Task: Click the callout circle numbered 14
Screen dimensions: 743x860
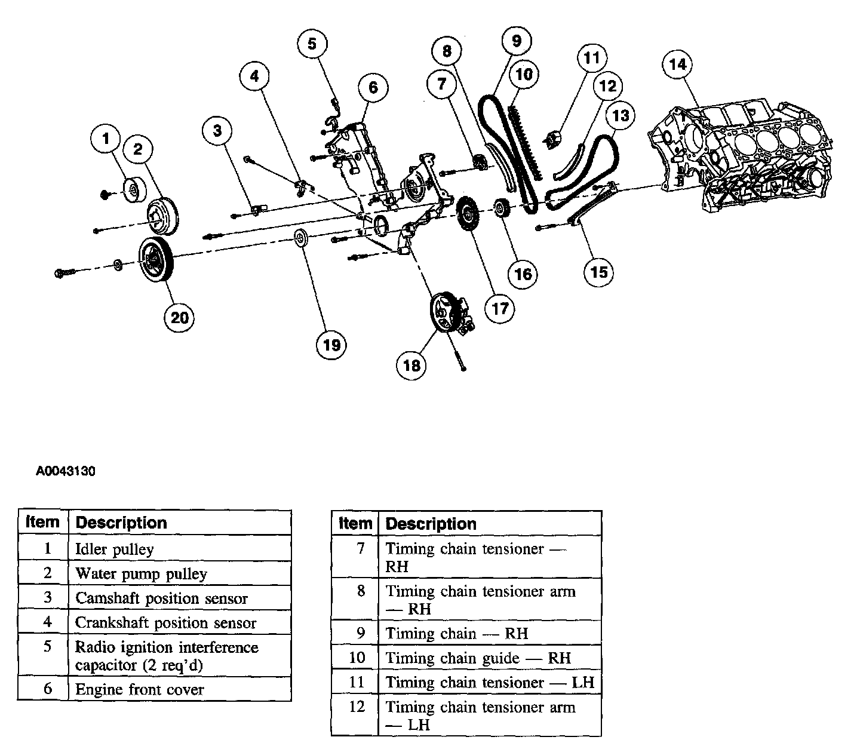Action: click(x=678, y=63)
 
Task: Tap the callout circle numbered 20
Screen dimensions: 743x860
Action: click(x=180, y=317)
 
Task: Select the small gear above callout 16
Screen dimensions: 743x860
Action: click(x=500, y=210)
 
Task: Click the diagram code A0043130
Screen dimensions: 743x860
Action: click(x=65, y=471)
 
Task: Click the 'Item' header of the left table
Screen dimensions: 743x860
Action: click(x=42, y=523)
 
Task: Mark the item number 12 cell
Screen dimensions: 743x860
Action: click(x=356, y=707)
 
